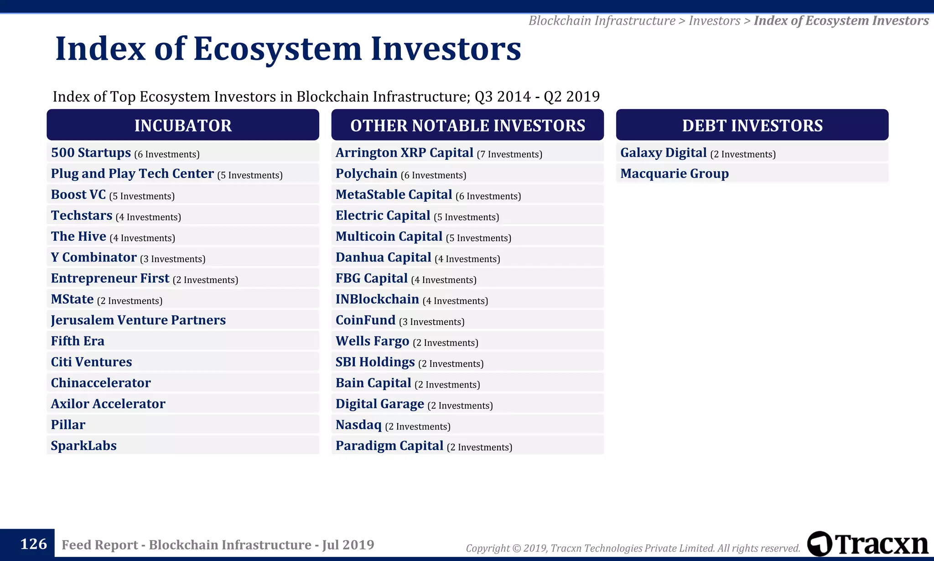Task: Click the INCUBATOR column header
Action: [x=183, y=125]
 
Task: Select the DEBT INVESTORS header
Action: [x=752, y=125]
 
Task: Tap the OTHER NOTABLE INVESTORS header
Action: [x=467, y=125]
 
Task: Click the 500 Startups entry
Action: [x=91, y=152]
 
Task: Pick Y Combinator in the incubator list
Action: [x=93, y=257]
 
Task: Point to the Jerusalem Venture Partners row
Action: [x=138, y=320]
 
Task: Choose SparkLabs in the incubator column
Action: [x=84, y=446]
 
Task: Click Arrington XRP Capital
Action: [x=405, y=152]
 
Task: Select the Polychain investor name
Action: [x=366, y=173]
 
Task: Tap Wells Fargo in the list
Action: [x=372, y=341]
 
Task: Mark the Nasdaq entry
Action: [x=358, y=425]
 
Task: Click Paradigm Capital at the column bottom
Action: [x=389, y=446]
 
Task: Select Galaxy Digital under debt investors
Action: [x=663, y=152]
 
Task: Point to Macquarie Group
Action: [x=675, y=173]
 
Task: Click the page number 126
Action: [x=33, y=544]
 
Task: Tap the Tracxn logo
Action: [x=867, y=544]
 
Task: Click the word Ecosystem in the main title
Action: [x=277, y=49]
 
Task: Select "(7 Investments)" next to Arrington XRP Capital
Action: [x=509, y=154]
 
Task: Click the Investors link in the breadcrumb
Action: [x=714, y=21]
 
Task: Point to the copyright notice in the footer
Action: [x=633, y=548]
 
